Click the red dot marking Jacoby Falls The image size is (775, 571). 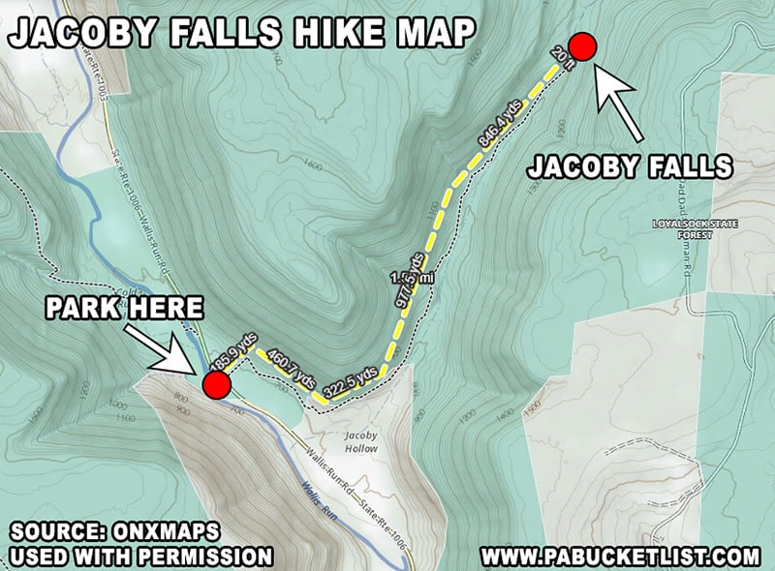[581, 45]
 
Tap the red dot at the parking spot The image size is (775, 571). [216, 386]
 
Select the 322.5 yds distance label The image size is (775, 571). [350, 382]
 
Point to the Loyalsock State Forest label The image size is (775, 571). [695, 228]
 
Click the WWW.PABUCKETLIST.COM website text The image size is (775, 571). [620, 556]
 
